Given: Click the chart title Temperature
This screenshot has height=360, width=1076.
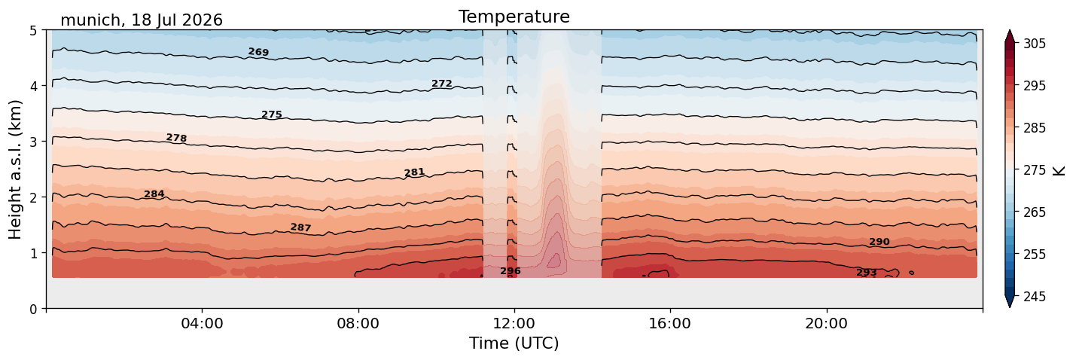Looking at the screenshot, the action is click(514, 17).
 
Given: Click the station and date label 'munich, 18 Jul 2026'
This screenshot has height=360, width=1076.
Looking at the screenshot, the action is click(142, 20).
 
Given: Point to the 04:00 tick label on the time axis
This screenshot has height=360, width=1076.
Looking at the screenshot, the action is click(203, 323).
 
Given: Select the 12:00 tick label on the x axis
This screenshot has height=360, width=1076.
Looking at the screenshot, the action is click(514, 323).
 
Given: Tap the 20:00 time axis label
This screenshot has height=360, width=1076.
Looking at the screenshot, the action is click(826, 323).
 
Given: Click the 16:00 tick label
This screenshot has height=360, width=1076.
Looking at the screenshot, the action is click(670, 323).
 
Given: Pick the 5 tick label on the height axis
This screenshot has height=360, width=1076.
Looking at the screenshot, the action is click(33, 31).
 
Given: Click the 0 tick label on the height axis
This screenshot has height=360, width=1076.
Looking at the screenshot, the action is click(33, 309).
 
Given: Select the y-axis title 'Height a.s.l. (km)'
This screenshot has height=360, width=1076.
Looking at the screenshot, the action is click(15, 169).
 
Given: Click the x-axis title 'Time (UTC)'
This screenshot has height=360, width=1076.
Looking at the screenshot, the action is click(514, 343).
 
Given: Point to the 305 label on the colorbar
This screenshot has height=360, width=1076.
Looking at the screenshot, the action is click(1034, 44).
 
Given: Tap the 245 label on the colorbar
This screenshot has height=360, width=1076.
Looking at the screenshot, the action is click(1034, 297).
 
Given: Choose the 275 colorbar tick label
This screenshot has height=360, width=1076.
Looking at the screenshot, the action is click(1034, 170).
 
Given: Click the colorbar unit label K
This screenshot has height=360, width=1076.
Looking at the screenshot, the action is click(1059, 171).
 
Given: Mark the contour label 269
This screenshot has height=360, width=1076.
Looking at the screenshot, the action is click(258, 52).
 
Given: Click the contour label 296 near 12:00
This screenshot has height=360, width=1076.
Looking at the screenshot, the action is click(510, 271).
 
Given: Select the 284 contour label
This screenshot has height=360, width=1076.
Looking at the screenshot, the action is click(154, 194).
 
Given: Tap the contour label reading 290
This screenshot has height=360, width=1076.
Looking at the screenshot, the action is click(879, 242).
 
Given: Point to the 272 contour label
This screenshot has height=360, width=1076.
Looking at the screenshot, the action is click(442, 84).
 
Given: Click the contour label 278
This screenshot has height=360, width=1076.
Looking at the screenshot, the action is click(176, 138).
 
